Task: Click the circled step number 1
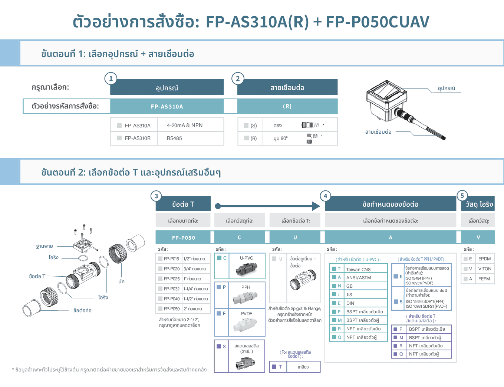(111, 79)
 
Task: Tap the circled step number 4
(325, 196)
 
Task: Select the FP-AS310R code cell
(138, 138)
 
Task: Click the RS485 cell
(174, 138)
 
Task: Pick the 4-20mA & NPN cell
(185, 125)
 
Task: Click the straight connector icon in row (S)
(313, 125)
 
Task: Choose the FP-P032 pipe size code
(171, 288)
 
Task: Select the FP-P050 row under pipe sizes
(171, 308)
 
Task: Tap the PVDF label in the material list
(247, 313)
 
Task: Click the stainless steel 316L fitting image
(246, 363)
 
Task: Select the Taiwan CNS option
(358, 269)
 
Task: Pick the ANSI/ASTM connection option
(358, 277)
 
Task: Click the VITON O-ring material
(484, 268)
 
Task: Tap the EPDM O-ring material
(484, 258)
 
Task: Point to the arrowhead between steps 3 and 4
(316, 206)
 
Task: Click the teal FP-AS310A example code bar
(167, 106)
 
